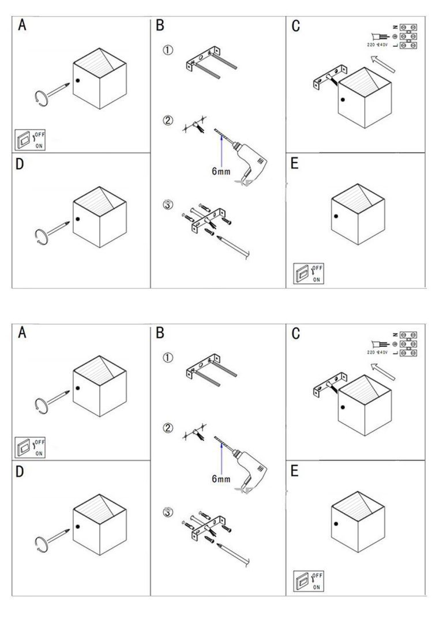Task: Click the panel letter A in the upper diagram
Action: (22, 25)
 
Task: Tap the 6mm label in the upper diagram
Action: (221, 171)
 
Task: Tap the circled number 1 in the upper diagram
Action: (168, 51)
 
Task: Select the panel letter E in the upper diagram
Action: (295, 164)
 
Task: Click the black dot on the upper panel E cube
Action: (335, 216)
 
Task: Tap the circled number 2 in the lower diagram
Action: (168, 428)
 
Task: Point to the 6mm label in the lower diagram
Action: (221, 479)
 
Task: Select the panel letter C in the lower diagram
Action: (296, 333)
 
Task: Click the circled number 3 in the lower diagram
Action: (168, 512)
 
